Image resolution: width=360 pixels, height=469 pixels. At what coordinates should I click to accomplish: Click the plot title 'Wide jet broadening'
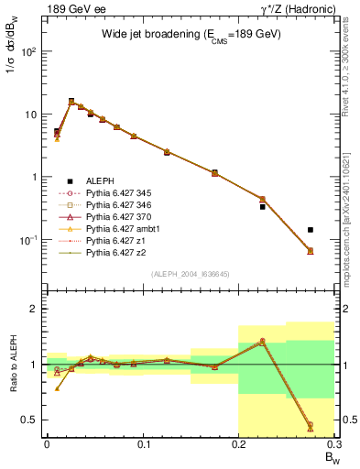pos(191,34)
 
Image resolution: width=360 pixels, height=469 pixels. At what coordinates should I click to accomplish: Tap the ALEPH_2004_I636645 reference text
pos(191,274)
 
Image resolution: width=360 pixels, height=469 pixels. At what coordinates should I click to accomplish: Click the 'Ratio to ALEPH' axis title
pos(12,364)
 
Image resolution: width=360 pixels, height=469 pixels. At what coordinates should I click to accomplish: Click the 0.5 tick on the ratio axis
pos(34,420)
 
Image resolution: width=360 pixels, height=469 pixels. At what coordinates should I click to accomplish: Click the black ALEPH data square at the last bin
pos(311,230)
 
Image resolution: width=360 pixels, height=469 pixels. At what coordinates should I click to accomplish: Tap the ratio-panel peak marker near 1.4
pos(262,341)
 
